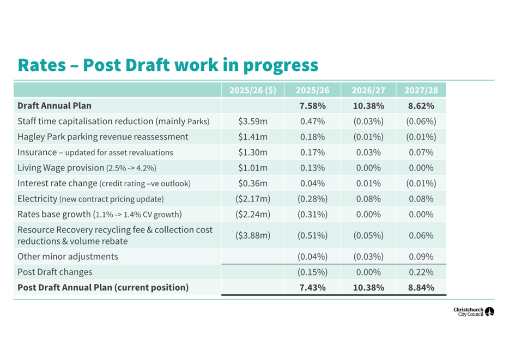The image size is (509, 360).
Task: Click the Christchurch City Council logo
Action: coord(474,312)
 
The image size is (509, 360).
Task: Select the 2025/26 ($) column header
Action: coord(253,90)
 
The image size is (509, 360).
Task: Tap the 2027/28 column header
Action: coord(420,90)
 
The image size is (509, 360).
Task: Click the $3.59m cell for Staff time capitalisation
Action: coord(253,121)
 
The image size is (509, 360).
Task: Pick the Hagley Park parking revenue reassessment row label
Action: coord(103,137)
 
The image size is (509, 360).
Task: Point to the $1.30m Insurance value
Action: coord(253,152)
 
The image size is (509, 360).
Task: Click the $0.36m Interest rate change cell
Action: coord(253,184)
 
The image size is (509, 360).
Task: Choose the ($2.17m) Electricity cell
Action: coord(253,199)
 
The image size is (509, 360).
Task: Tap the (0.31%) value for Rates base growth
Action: coord(313,214)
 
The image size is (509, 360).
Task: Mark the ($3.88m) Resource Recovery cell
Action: coord(253,235)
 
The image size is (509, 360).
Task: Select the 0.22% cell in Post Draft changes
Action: coord(420,272)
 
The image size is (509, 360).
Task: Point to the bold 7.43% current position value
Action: coord(313,288)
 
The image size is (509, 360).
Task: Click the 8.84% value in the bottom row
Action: coord(420,288)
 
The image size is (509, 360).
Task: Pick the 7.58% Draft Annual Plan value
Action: coord(313,106)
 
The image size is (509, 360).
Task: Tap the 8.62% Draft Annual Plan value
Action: coord(420,106)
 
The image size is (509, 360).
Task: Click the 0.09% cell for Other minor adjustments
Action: coord(420,256)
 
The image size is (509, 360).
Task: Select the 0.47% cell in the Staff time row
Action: coord(313,121)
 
